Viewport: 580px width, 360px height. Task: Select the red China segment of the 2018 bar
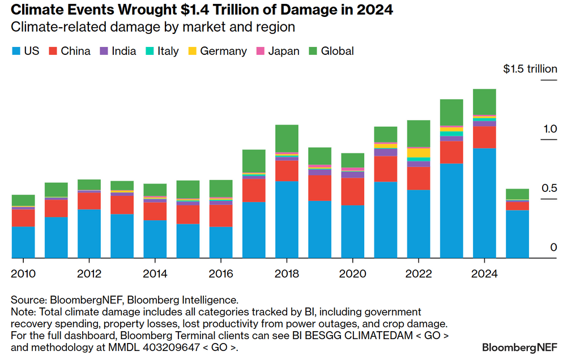coord(287,170)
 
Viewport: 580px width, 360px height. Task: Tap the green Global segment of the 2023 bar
coord(451,112)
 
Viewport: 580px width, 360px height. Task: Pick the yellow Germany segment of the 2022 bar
coord(419,152)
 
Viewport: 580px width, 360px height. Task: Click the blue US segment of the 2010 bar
coord(23,242)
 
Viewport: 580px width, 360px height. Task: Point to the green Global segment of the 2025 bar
coord(517,194)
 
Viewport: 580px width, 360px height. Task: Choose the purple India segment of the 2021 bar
coord(385,152)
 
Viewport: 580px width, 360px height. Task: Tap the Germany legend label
coord(223,52)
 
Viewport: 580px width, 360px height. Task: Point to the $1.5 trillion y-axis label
coord(530,69)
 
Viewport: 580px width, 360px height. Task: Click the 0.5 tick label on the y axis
coord(549,188)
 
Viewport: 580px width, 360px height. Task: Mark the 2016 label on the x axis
coord(220,274)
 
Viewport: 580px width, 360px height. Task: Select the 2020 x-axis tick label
coord(352,274)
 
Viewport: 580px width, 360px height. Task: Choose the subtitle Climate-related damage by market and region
coord(153,27)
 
